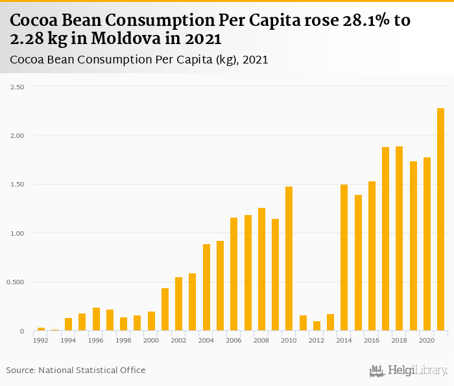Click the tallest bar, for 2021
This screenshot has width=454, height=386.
point(440,220)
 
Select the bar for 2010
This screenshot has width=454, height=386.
point(289,259)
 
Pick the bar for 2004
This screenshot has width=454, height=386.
point(206,288)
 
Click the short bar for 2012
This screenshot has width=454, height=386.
point(317,326)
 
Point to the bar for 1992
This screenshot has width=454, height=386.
point(41,329)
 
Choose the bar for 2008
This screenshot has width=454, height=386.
point(261,269)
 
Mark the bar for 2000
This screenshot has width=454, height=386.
point(151,321)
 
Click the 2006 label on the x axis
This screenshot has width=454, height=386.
point(233,340)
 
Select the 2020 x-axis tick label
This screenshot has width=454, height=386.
point(427,340)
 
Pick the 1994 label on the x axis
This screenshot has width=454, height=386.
point(68,340)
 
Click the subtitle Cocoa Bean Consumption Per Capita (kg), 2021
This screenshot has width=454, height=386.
point(139,60)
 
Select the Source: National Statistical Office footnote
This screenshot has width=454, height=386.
point(76,370)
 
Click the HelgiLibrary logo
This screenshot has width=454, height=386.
point(409,370)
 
